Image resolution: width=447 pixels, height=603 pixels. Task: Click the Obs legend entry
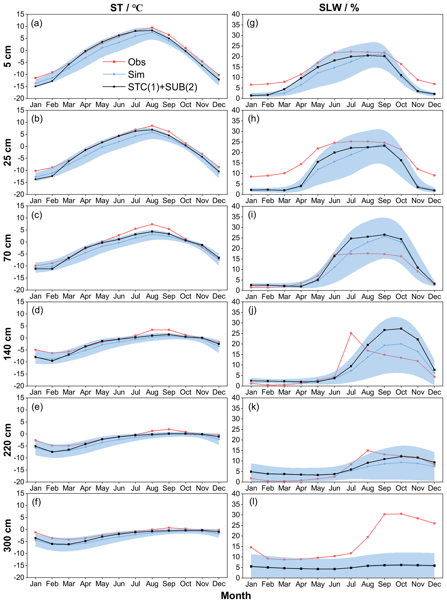(x=137, y=62)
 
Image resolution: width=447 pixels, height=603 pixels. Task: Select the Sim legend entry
(x=136, y=74)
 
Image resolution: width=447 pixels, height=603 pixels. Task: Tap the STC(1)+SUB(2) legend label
(x=162, y=87)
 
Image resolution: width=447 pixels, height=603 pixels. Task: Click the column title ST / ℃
(x=126, y=8)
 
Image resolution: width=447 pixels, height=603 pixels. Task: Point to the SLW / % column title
(x=339, y=8)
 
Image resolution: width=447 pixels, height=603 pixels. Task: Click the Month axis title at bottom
(x=236, y=595)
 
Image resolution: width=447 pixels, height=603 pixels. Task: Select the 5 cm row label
(x=8, y=56)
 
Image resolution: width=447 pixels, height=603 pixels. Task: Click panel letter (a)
(x=37, y=23)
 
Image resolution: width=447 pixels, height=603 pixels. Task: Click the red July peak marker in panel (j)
(x=351, y=333)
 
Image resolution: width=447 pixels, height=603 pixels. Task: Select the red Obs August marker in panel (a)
(x=152, y=28)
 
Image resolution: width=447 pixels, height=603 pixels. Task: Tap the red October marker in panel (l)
(x=401, y=514)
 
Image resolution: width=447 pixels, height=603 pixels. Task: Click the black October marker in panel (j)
(x=401, y=329)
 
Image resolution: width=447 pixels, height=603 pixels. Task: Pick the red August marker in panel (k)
(x=368, y=451)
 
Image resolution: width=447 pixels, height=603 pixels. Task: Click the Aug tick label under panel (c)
(x=152, y=296)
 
